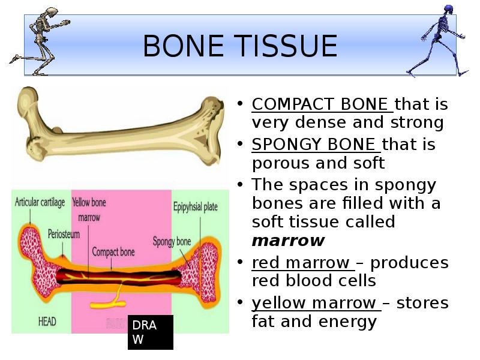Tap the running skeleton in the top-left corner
[x=38, y=40]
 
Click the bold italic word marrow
[x=288, y=241]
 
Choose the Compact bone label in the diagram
[x=113, y=251]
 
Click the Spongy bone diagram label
[x=172, y=242]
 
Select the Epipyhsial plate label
[x=195, y=207]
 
